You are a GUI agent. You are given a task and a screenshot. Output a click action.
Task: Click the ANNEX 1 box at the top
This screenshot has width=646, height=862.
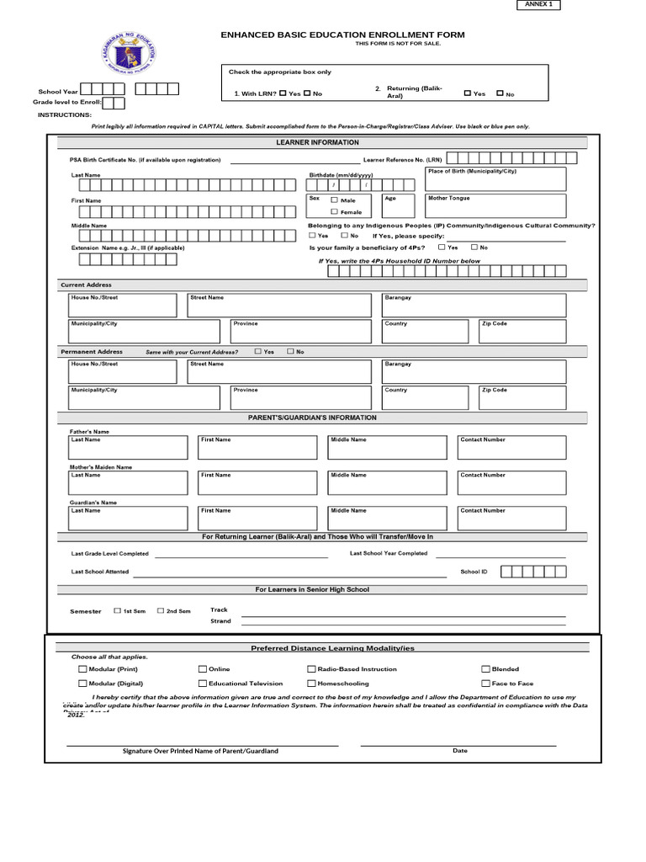[x=536, y=5]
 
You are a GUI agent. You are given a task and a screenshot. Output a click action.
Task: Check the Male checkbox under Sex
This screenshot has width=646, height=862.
[x=334, y=200]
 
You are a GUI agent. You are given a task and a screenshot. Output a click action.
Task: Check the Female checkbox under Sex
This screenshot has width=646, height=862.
[x=334, y=212]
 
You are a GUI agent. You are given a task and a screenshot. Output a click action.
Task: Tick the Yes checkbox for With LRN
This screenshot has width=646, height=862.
[x=283, y=93]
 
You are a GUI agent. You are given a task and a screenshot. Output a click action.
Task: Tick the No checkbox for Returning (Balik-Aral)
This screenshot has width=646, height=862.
[x=500, y=94]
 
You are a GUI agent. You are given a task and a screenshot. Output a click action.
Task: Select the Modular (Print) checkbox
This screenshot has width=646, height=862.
[x=82, y=669]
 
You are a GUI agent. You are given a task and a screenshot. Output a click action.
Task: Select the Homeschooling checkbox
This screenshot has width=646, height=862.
[x=311, y=684]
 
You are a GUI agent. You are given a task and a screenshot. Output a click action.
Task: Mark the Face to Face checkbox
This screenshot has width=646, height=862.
[x=485, y=684]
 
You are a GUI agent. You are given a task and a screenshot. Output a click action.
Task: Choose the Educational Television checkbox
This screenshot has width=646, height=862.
[x=203, y=684]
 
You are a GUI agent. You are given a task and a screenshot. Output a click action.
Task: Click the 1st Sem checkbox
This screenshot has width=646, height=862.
[x=117, y=610]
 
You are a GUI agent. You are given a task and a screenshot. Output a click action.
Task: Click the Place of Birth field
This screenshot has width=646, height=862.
[x=495, y=179]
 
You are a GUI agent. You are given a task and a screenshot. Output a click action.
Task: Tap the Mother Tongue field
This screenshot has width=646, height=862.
[x=495, y=206]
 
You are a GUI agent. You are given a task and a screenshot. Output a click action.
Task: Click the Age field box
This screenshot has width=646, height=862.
[x=398, y=206]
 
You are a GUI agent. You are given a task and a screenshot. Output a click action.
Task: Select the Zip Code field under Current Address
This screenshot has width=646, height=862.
[x=521, y=330]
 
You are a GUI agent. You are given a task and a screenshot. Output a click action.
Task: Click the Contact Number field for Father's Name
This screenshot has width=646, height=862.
[x=511, y=447]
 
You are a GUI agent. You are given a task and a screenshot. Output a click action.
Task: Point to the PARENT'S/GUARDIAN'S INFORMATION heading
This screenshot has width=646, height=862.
[x=312, y=418]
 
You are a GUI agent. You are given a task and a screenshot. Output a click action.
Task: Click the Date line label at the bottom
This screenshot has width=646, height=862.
[x=459, y=750]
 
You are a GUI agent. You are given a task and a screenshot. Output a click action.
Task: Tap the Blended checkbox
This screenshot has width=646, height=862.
[x=485, y=669]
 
